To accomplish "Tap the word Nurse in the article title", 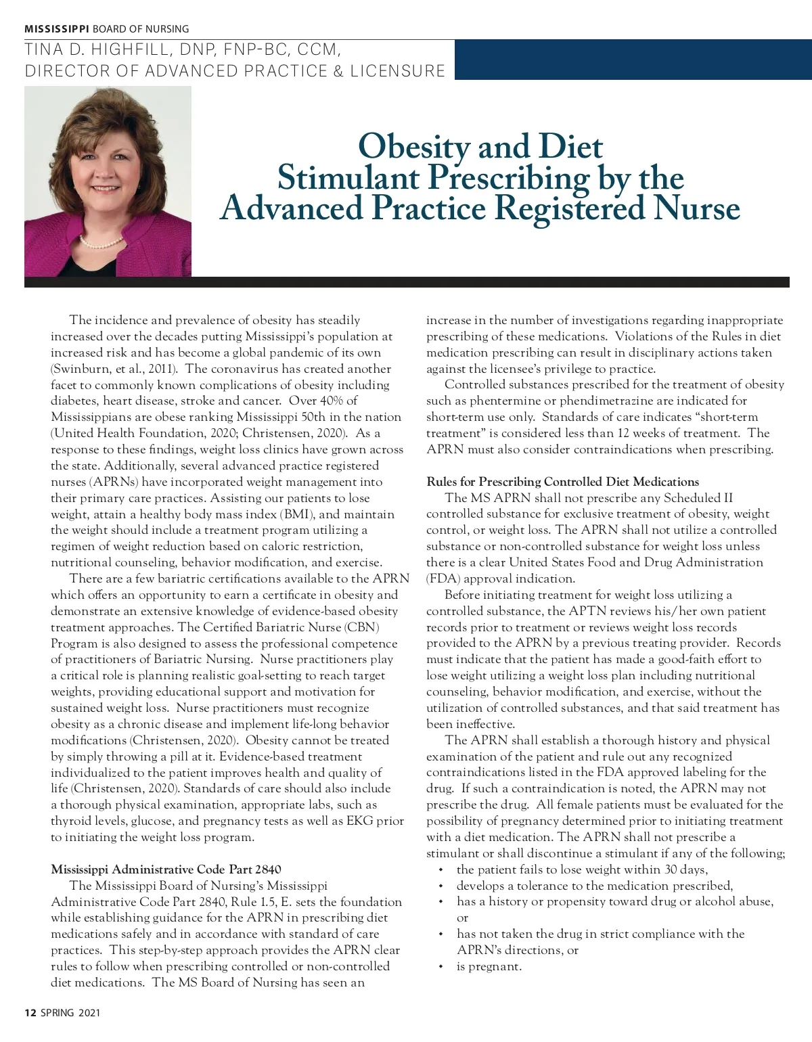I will tap(697, 208).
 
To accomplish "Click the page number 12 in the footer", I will tap(30, 1013).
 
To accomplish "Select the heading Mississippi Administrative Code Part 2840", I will tap(166, 869).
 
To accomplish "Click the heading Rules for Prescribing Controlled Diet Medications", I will tap(562, 482).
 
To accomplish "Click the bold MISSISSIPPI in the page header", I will tap(57, 29).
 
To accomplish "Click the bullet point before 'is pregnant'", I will tap(441, 967).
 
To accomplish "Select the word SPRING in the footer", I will tap(58, 1013).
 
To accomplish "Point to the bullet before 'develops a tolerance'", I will tap(441, 886).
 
